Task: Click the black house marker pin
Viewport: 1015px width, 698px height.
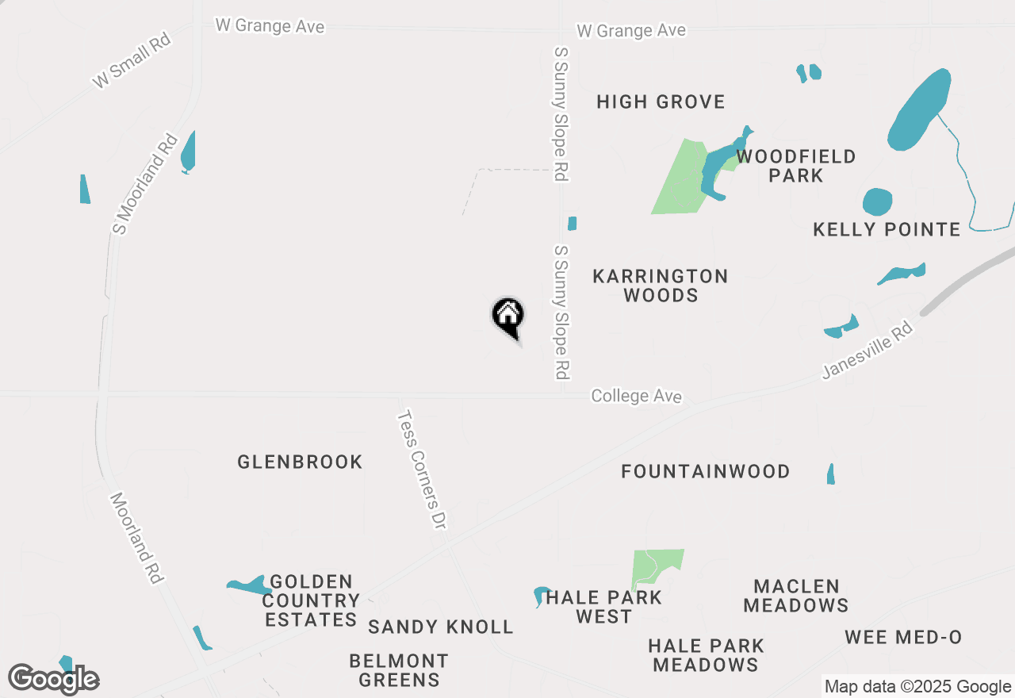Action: [x=508, y=316]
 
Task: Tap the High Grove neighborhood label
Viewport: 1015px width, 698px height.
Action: [x=661, y=102]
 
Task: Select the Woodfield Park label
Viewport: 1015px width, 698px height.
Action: [x=795, y=166]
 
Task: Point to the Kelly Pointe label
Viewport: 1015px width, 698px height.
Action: [x=887, y=230]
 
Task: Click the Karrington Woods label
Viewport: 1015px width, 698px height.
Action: [x=661, y=286]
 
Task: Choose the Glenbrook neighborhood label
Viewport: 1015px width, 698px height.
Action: [x=300, y=462]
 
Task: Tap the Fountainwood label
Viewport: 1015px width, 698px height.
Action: [x=705, y=471]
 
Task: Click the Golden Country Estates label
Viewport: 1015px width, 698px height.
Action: [x=311, y=600]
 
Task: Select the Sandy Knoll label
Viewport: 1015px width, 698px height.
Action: [x=441, y=627]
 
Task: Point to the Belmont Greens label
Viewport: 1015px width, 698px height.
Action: [x=399, y=670]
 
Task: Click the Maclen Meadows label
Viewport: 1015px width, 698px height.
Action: [x=796, y=596]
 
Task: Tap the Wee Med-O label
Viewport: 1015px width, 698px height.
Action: [x=903, y=637]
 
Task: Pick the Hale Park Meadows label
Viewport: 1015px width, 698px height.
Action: [x=706, y=655]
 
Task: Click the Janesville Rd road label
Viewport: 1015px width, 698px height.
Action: [x=868, y=349]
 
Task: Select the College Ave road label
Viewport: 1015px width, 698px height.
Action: [x=636, y=396]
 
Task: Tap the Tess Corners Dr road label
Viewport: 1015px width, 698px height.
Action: [x=423, y=470]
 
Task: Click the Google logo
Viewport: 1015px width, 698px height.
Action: [x=54, y=679]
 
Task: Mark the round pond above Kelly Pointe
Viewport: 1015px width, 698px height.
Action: [x=877, y=202]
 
